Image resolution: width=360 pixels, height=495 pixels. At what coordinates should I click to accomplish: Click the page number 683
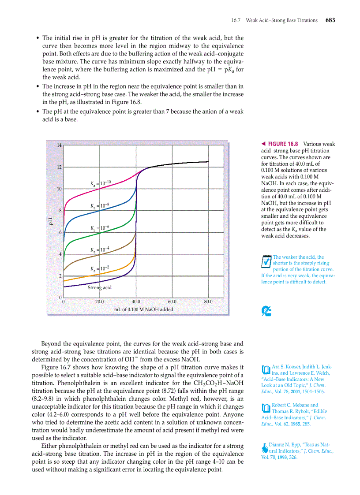(x=330, y=20)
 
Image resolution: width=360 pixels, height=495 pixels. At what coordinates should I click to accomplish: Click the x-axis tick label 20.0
(x=100, y=302)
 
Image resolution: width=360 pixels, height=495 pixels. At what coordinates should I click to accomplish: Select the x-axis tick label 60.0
(x=172, y=302)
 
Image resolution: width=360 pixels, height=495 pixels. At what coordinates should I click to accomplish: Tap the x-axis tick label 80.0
(x=208, y=302)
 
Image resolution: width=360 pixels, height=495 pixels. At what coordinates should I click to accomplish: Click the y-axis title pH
(x=50, y=221)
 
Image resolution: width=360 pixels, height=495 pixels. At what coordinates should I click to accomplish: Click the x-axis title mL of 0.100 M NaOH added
(x=143, y=309)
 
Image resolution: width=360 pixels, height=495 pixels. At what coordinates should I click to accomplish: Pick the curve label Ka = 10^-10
(x=100, y=182)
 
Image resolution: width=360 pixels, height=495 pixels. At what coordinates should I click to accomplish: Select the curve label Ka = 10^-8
(x=99, y=206)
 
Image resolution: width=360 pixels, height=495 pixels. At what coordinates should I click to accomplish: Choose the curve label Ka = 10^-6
(x=99, y=228)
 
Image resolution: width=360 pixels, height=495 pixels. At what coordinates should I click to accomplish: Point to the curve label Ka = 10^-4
(x=99, y=249)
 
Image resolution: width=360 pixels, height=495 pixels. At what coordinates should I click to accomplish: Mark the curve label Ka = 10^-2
(x=99, y=268)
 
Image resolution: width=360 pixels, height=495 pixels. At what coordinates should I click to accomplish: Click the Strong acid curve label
(x=99, y=287)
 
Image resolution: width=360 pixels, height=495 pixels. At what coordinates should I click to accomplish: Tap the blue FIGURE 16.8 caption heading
(x=283, y=144)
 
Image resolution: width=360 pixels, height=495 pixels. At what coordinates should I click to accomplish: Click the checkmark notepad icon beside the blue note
(x=266, y=261)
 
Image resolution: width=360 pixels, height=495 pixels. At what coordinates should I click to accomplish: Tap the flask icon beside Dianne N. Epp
(x=265, y=447)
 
